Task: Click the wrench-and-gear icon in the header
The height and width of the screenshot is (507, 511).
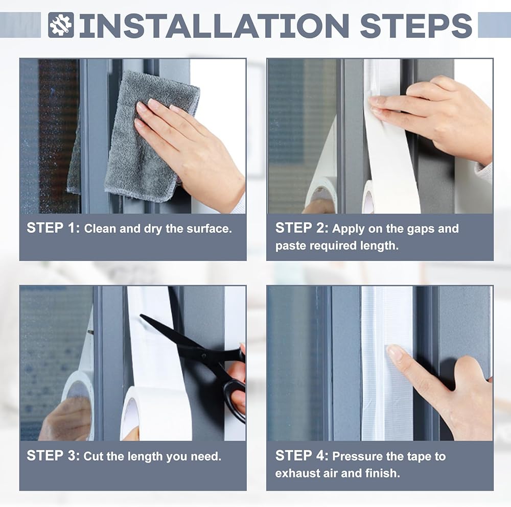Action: (x=61, y=25)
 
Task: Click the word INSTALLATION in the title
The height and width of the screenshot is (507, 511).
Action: (x=214, y=26)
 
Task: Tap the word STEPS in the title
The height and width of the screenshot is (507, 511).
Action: (x=416, y=26)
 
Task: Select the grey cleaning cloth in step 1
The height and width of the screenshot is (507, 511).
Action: (x=144, y=137)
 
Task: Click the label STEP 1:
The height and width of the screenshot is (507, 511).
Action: (x=53, y=228)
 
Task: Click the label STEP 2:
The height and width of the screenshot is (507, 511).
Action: (x=302, y=228)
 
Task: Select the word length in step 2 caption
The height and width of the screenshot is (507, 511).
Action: (x=379, y=246)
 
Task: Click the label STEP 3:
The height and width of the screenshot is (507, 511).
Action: (x=53, y=455)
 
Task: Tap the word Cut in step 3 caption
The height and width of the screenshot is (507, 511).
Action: (x=93, y=456)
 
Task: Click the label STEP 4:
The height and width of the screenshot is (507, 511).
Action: (x=302, y=455)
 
